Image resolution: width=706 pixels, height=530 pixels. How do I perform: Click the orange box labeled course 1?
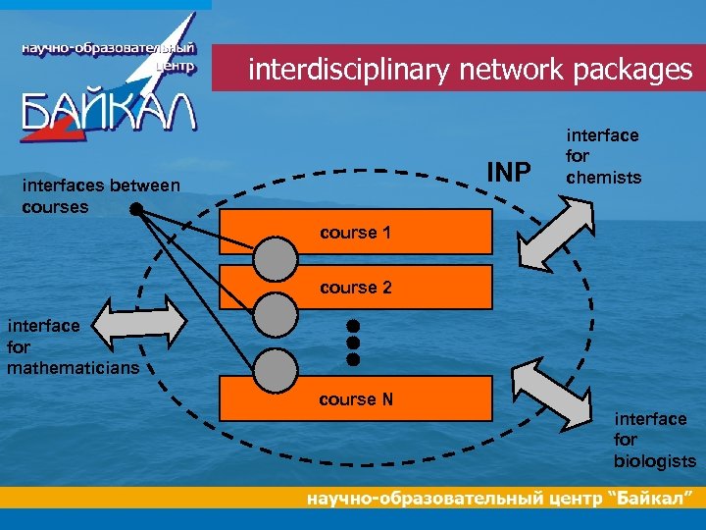coord(392,234)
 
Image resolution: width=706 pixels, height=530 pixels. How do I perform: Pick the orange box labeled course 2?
coord(392,288)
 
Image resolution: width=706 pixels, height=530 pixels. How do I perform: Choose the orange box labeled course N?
coord(392,399)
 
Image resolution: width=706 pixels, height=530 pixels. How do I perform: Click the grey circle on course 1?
coord(276,257)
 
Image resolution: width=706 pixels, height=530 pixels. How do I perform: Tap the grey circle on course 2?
coord(276,313)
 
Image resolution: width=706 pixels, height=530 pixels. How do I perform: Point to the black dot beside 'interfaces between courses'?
coord(136,208)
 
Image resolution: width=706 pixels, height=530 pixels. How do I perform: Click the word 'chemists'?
coord(603,178)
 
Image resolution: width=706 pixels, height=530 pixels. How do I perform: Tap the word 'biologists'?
coord(655,461)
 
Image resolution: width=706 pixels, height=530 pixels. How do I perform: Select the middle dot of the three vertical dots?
coord(354,343)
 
